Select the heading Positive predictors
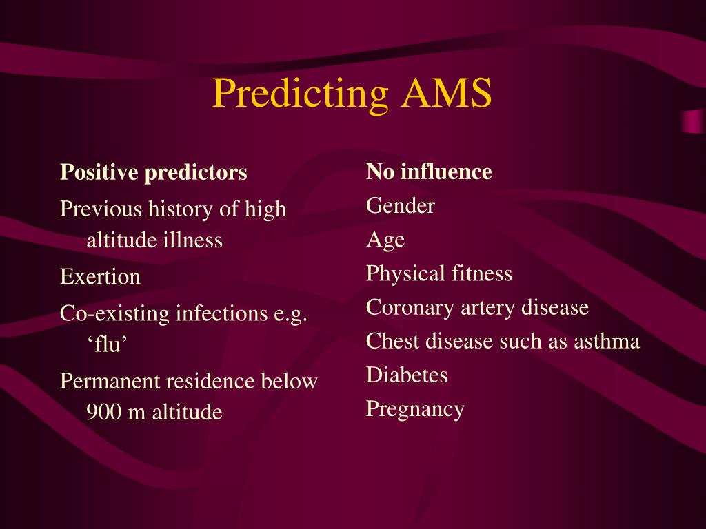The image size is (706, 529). pyautogui.click(x=153, y=172)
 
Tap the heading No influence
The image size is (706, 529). pyautogui.click(x=429, y=172)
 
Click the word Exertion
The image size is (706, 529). pyautogui.click(x=100, y=278)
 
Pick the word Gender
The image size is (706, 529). pyautogui.click(x=401, y=206)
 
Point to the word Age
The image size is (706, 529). pyautogui.click(x=385, y=240)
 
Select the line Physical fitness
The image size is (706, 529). pyautogui.click(x=439, y=274)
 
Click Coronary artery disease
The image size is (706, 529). pyautogui.click(x=477, y=307)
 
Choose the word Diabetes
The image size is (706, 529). pyautogui.click(x=407, y=375)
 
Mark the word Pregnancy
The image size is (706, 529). pyautogui.click(x=415, y=410)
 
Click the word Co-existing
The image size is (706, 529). pyautogui.click(x=115, y=314)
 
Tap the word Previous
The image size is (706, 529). pyautogui.click(x=101, y=209)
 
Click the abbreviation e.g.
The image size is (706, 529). pyautogui.click(x=289, y=314)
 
